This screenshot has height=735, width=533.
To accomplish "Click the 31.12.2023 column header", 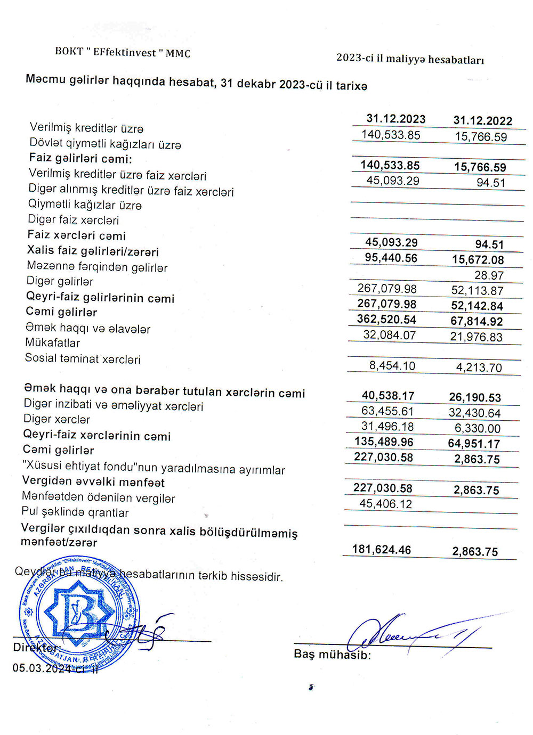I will (x=395, y=119).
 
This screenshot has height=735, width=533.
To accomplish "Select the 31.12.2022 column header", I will (x=482, y=121).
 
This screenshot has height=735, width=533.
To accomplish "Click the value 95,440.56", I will (x=391, y=258).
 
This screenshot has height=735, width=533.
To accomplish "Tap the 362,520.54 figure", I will (x=386, y=320).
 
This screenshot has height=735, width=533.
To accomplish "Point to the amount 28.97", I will (x=489, y=275).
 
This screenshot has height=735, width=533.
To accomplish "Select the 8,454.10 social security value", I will (x=392, y=366).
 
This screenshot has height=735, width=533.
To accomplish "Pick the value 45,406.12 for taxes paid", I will (x=385, y=504).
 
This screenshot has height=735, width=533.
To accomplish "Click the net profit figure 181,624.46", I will (x=381, y=550).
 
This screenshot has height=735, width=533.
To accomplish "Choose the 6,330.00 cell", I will (x=478, y=428).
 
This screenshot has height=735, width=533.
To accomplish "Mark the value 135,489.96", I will (x=383, y=442).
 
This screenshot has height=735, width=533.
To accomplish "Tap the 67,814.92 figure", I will (x=477, y=322).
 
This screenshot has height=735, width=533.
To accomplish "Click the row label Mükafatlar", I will (x=52, y=343).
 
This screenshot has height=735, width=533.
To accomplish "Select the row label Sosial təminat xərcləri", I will (x=83, y=359).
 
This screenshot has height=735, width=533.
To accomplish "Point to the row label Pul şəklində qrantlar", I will (x=75, y=512).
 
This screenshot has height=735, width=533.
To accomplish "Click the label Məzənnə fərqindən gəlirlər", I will (x=97, y=267).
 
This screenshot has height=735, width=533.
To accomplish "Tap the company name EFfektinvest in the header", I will (x=125, y=52).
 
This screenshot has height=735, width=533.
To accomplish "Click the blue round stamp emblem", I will (x=80, y=612).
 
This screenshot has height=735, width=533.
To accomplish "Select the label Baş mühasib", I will (x=332, y=655).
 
